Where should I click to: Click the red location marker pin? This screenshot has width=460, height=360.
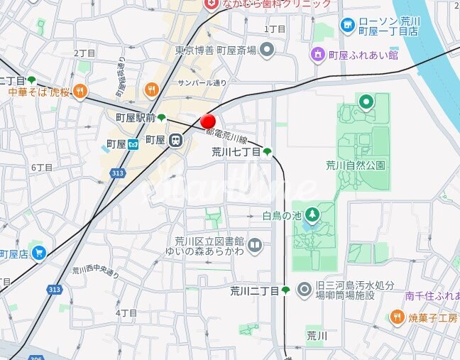click(208, 121)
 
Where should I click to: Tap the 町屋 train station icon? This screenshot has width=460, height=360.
click(174, 141)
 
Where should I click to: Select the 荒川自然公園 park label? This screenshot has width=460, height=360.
click(355, 165)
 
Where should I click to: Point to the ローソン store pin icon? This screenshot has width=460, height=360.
click(347, 26)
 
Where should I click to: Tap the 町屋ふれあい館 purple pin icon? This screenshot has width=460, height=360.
click(318, 54)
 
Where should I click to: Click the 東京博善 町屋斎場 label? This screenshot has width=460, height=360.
click(215, 50)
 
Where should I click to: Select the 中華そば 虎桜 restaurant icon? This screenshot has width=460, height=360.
click(80, 91)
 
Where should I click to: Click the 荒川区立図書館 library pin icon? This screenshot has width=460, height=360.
click(256, 246)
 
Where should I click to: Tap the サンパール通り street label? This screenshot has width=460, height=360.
click(202, 83)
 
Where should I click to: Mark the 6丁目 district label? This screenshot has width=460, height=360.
click(42, 168)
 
